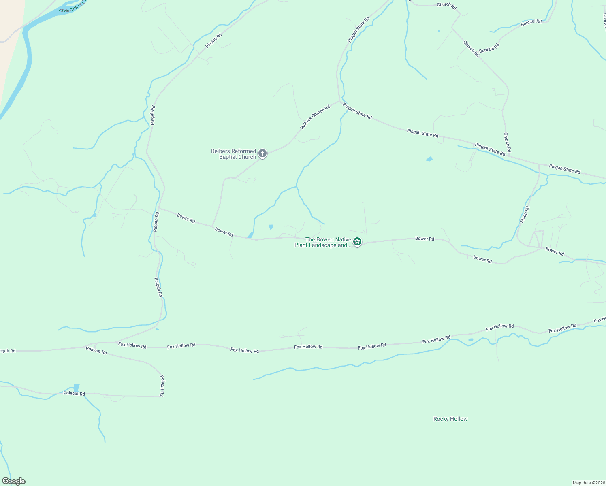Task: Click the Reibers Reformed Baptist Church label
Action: [x=234, y=154]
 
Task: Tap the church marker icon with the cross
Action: [x=262, y=153]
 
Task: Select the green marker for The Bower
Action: [x=357, y=242]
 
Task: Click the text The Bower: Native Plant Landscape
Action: [x=323, y=242]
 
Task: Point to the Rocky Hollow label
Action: [x=450, y=419]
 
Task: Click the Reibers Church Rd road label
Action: [x=315, y=117]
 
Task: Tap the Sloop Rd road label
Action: [x=525, y=214]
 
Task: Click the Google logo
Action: [x=14, y=481]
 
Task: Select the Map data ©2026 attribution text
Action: [x=588, y=483]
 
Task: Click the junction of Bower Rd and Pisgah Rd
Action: [x=158, y=209]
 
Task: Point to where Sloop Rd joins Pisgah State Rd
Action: [x=539, y=164]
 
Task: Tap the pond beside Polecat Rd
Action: [x=76, y=387]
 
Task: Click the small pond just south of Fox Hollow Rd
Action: [x=470, y=339]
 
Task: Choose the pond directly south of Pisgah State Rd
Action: [x=429, y=159]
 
